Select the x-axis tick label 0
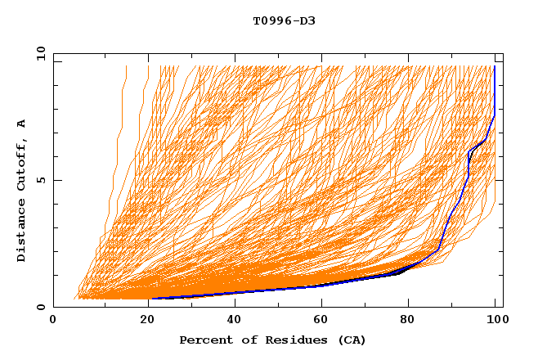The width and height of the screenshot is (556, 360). click(x=54, y=321)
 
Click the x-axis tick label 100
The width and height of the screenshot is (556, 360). click(x=496, y=321)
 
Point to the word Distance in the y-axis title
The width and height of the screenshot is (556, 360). click(x=22, y=232)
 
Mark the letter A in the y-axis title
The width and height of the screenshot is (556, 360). click(x=22, y=124)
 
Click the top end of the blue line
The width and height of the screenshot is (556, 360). click(x=495, y=66)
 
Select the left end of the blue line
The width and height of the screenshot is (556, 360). click(x=151, y=298)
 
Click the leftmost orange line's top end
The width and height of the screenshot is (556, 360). click(x=126, y=66)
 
